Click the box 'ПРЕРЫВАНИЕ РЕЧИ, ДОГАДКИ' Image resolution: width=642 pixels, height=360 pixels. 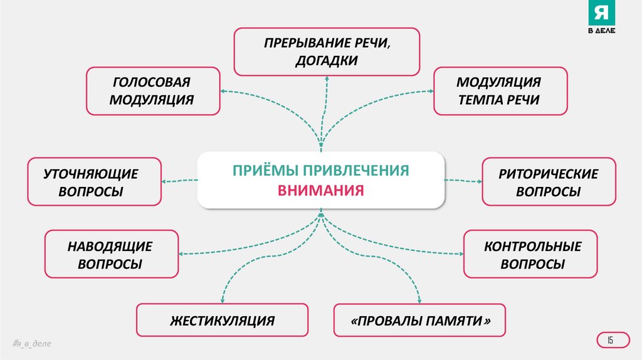coord(327,51)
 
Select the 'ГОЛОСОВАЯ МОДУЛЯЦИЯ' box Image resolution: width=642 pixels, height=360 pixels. coord(153,91)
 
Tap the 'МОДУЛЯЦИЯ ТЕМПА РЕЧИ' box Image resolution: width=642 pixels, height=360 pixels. coord(500,91)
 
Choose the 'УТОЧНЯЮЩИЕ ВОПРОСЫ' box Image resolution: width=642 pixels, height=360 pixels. coord(94,182)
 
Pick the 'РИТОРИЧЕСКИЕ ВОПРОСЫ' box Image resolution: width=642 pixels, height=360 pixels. coord(549,182)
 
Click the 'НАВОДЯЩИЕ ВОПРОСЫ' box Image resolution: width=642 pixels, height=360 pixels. coord(112,254)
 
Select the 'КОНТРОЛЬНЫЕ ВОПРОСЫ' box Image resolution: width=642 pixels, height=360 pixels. coord(530,254)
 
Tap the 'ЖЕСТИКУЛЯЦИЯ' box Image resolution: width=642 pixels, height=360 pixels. coord(222,320)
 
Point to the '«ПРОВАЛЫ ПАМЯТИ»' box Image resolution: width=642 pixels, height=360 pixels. coord(419,320)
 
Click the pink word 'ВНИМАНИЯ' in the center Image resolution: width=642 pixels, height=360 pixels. coord(321,190)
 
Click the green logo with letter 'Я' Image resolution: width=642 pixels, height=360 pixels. coord(601,19)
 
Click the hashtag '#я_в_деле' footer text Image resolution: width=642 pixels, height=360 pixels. coord(31,344)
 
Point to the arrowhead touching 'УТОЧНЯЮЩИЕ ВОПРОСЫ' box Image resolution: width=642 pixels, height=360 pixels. coord(164,181)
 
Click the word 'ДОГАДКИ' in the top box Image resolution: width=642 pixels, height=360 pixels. coord(327,61)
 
